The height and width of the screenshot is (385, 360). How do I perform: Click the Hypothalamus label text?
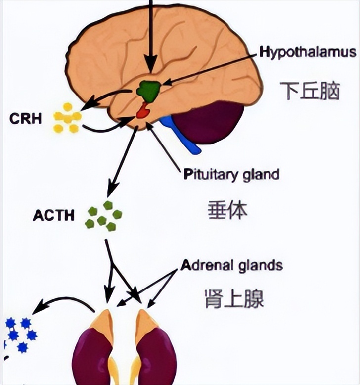point(308,52)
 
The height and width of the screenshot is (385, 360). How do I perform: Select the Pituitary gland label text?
point(231,174)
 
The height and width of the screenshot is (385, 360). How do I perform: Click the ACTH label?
point(54,216)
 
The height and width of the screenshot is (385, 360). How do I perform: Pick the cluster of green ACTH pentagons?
point(104,217)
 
